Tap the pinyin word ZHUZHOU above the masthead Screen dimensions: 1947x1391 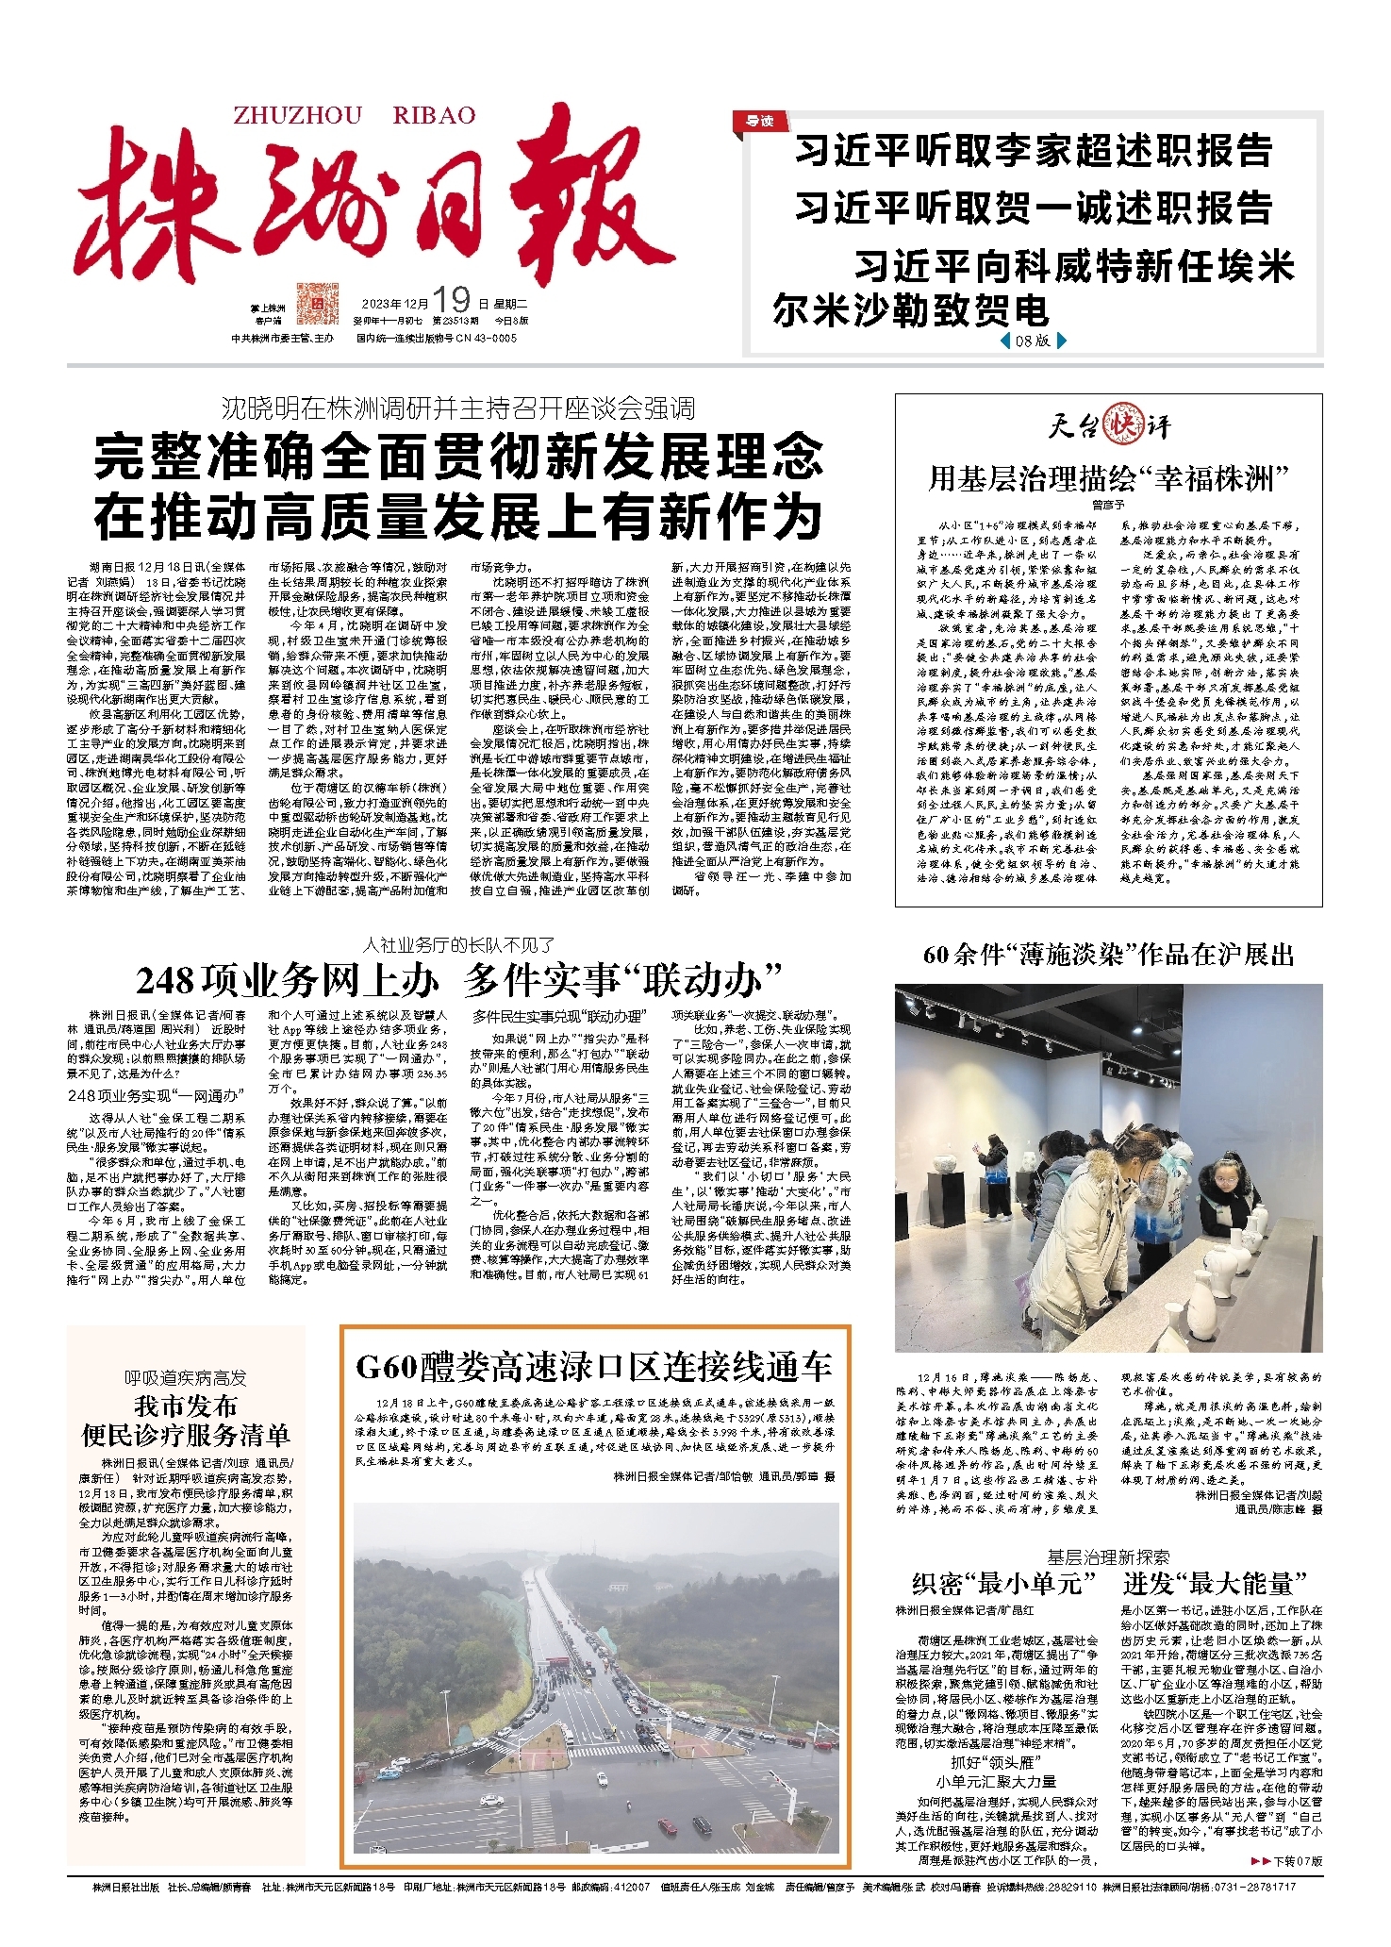297,116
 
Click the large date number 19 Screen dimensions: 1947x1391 452,300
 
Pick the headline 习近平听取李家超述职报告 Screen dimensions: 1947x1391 1034,151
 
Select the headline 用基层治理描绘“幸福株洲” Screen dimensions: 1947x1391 1108,479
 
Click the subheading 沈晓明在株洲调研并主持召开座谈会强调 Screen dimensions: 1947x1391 457,408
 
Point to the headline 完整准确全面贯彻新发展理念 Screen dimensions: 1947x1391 457,458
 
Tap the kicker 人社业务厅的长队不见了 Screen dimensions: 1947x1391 458,944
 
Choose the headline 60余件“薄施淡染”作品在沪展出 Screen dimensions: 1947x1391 1108,955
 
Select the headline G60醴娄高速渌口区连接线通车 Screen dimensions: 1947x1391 594,1367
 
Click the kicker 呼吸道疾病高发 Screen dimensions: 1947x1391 185,1378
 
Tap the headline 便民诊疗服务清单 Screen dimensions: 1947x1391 185,1435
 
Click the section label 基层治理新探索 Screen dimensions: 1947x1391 1108,1557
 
